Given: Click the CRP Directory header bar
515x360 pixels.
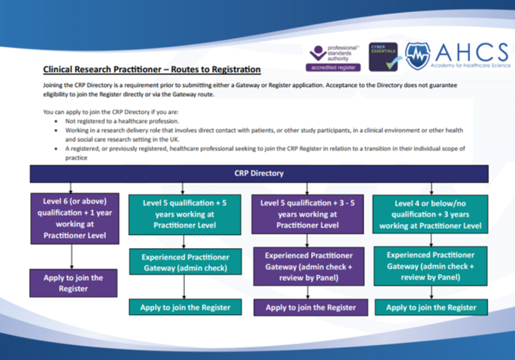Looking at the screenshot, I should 258,173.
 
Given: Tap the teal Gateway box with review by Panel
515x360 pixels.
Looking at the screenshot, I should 431,266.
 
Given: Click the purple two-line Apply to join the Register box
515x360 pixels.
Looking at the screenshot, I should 71,283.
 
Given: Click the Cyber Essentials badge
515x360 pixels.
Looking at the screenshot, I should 383,56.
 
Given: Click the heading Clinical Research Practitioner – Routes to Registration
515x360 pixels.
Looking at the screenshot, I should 152,70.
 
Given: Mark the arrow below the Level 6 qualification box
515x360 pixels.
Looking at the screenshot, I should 71,255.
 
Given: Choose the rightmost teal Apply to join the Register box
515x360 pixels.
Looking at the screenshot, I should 431,307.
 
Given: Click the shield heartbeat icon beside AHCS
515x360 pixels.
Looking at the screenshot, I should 418,55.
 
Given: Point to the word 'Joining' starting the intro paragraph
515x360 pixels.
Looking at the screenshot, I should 53,85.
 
